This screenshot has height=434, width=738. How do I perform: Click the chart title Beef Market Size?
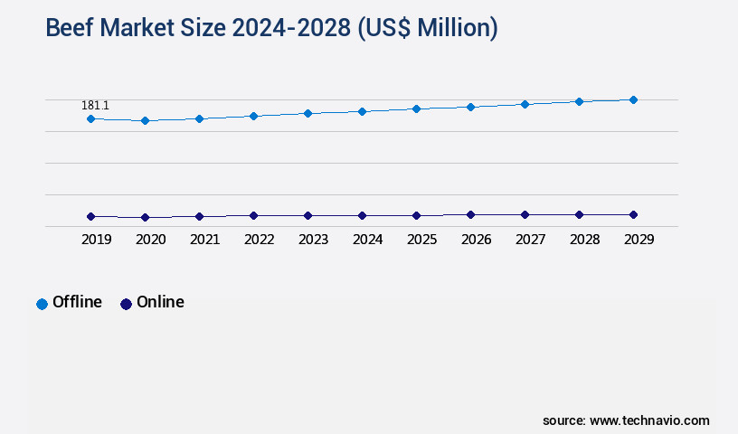point(271,28)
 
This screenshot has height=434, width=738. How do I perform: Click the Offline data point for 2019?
point(90,118)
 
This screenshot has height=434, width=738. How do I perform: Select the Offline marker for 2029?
point(633,99)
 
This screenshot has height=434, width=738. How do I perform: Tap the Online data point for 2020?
point(145,217)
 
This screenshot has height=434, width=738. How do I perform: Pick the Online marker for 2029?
point(633,214)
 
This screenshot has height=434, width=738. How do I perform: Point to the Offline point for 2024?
point(362,111)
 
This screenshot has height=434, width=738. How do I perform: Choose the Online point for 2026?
point(470,214)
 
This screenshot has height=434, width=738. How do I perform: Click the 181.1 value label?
point(95,106)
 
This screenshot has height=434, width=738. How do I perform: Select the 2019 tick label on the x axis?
point(97,240)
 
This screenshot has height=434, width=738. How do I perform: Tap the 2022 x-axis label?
point(260,240)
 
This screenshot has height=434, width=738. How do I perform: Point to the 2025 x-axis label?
point(422,240)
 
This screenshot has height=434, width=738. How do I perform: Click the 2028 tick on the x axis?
point(585,240)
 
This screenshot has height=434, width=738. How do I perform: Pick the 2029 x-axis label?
point(639,240)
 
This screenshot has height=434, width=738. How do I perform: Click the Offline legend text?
point(77,302)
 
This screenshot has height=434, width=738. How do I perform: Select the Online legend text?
point(160,302)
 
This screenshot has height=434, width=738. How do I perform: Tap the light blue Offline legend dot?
point(42,304)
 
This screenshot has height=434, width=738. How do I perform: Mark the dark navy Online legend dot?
point(126,304)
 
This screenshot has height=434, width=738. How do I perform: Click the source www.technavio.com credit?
point(626,420)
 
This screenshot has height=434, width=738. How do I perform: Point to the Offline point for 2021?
point(199,118)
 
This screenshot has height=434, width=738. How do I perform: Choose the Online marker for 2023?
point(307,215)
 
